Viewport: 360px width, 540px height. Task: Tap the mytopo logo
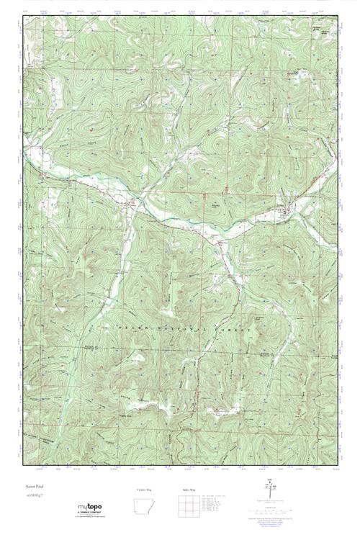click(89, 508)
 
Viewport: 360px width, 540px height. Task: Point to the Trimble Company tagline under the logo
click(91, 515)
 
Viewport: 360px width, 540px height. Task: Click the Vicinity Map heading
click(145, 490)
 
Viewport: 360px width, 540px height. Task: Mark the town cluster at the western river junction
click(132, 204)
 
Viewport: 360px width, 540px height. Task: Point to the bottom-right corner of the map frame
click(337, 464)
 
